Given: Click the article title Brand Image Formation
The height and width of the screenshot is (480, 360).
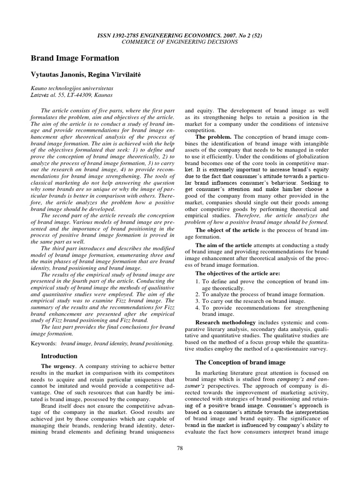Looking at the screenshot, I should (x=75, y=58).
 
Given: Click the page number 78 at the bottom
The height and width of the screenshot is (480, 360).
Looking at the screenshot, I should (x=180, y=448).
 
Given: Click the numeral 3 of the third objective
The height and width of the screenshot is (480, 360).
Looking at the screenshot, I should (x=197, y=301).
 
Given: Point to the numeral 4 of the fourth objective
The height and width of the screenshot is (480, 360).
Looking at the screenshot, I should (x=197, y=307).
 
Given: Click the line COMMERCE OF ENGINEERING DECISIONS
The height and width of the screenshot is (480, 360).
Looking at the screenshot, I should (x=180, y=42).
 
